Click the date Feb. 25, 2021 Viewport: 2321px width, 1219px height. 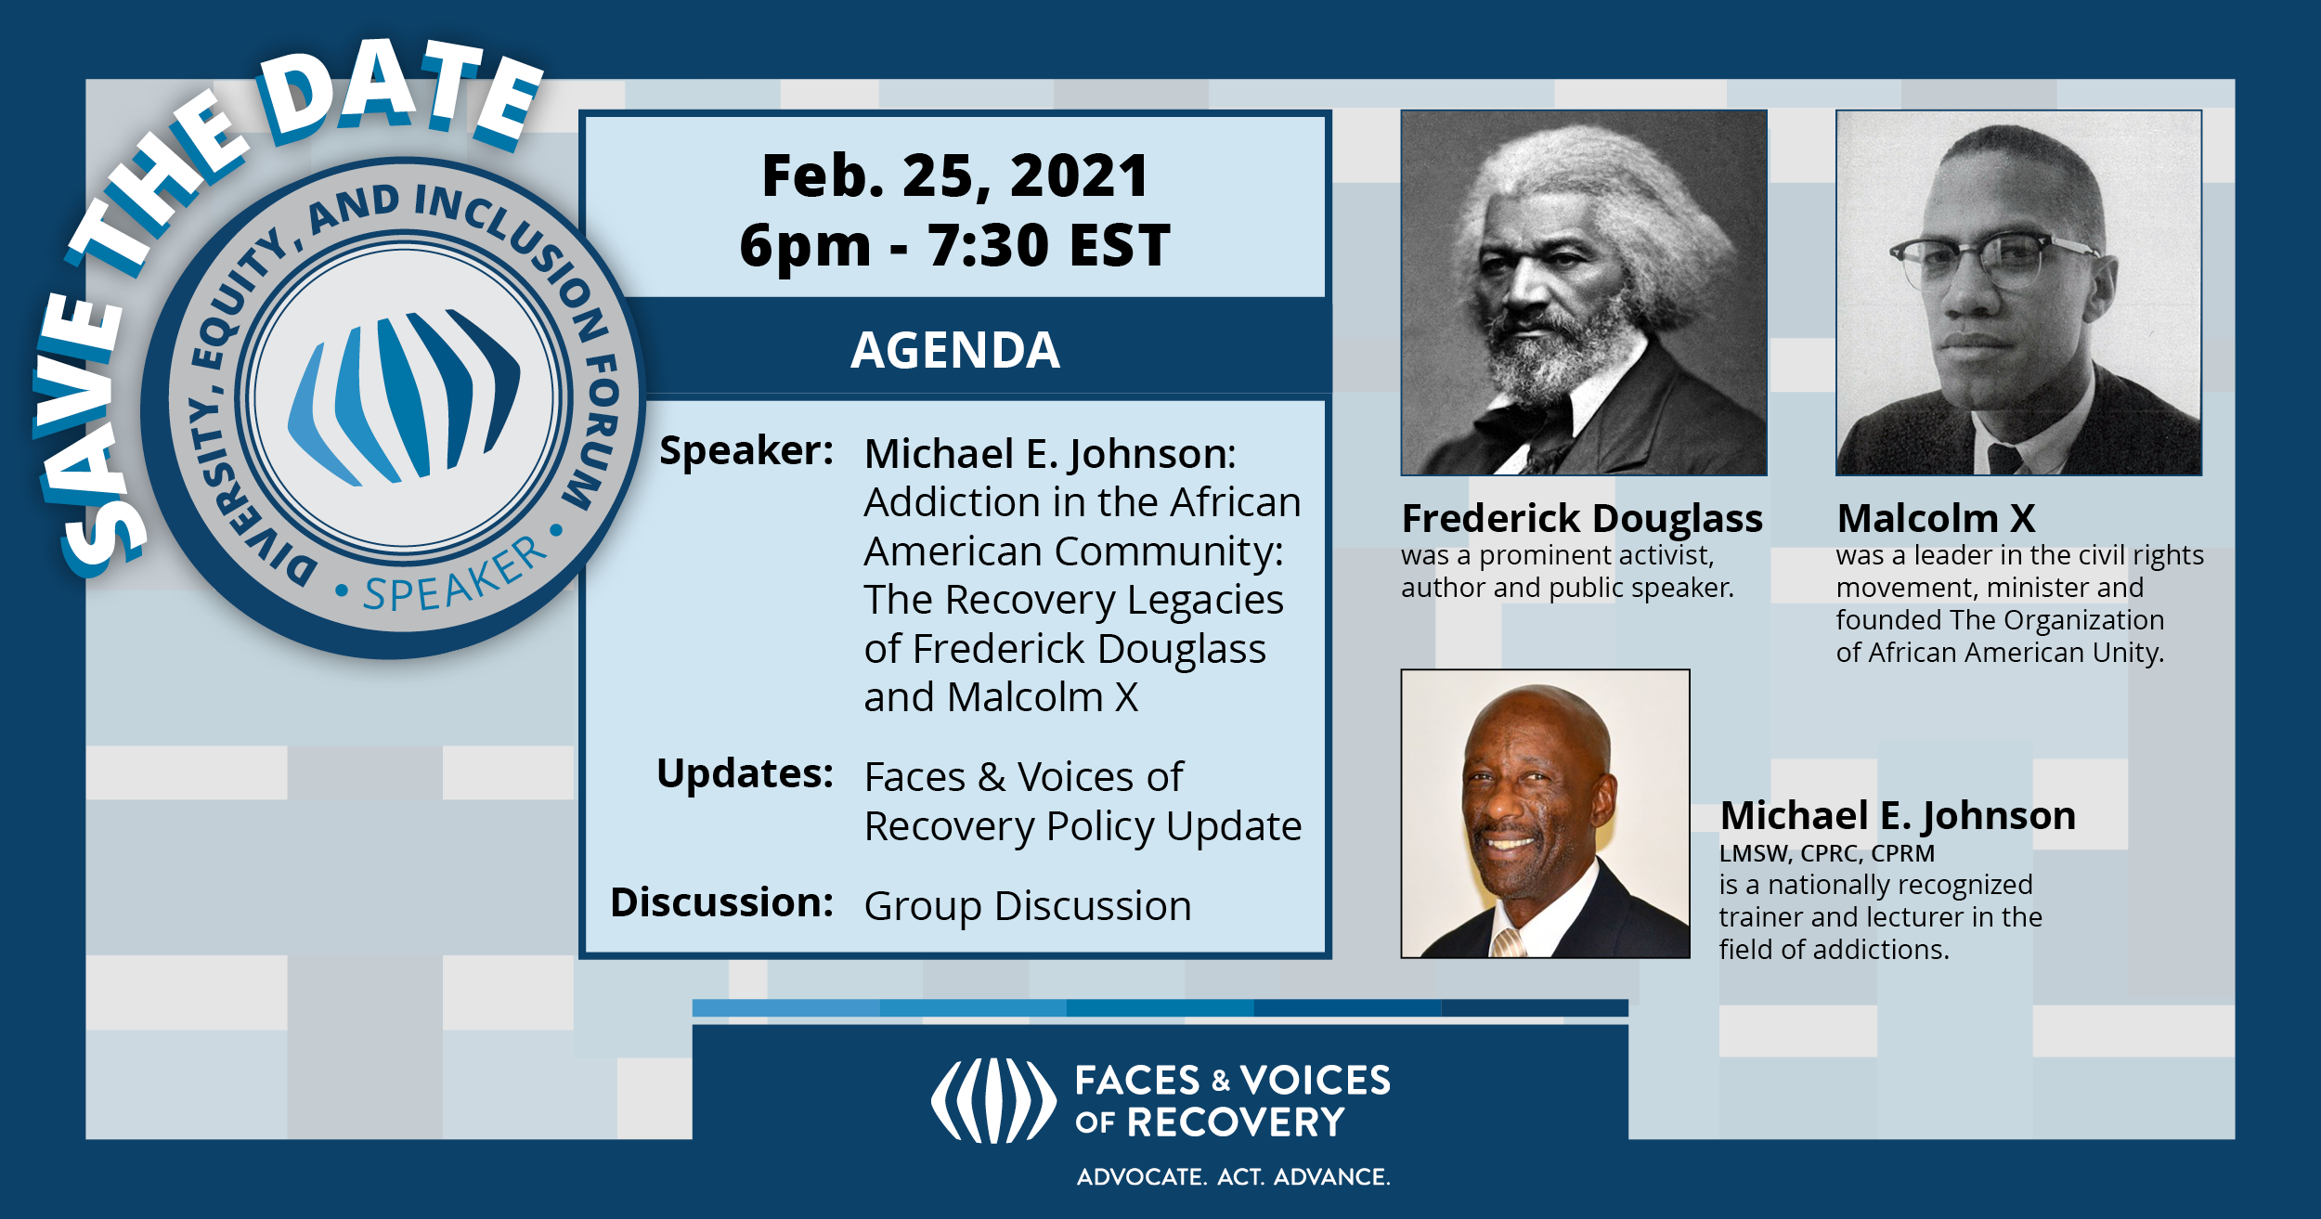(955, 176)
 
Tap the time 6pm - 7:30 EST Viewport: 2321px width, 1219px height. (955, 246)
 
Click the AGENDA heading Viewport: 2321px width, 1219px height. (955, 350)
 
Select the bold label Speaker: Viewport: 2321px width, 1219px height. (746, 451)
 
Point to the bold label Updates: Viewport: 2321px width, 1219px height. (745, 773)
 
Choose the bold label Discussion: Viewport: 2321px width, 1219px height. (721, 902)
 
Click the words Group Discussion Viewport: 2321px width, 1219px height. (1028, 906)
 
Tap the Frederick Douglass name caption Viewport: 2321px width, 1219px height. (1582, 518)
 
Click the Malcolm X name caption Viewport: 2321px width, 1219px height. (1936, 518)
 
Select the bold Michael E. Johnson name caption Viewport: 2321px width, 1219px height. (1898, 815)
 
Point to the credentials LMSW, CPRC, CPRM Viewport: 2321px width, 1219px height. (1827, 853)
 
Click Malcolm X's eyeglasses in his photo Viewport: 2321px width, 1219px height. (1994, 257)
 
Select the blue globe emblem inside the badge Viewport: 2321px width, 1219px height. (404, 396)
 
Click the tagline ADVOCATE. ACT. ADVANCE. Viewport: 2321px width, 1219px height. (1234, 1177)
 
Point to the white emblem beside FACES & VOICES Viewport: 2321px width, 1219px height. (993, 1101)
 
